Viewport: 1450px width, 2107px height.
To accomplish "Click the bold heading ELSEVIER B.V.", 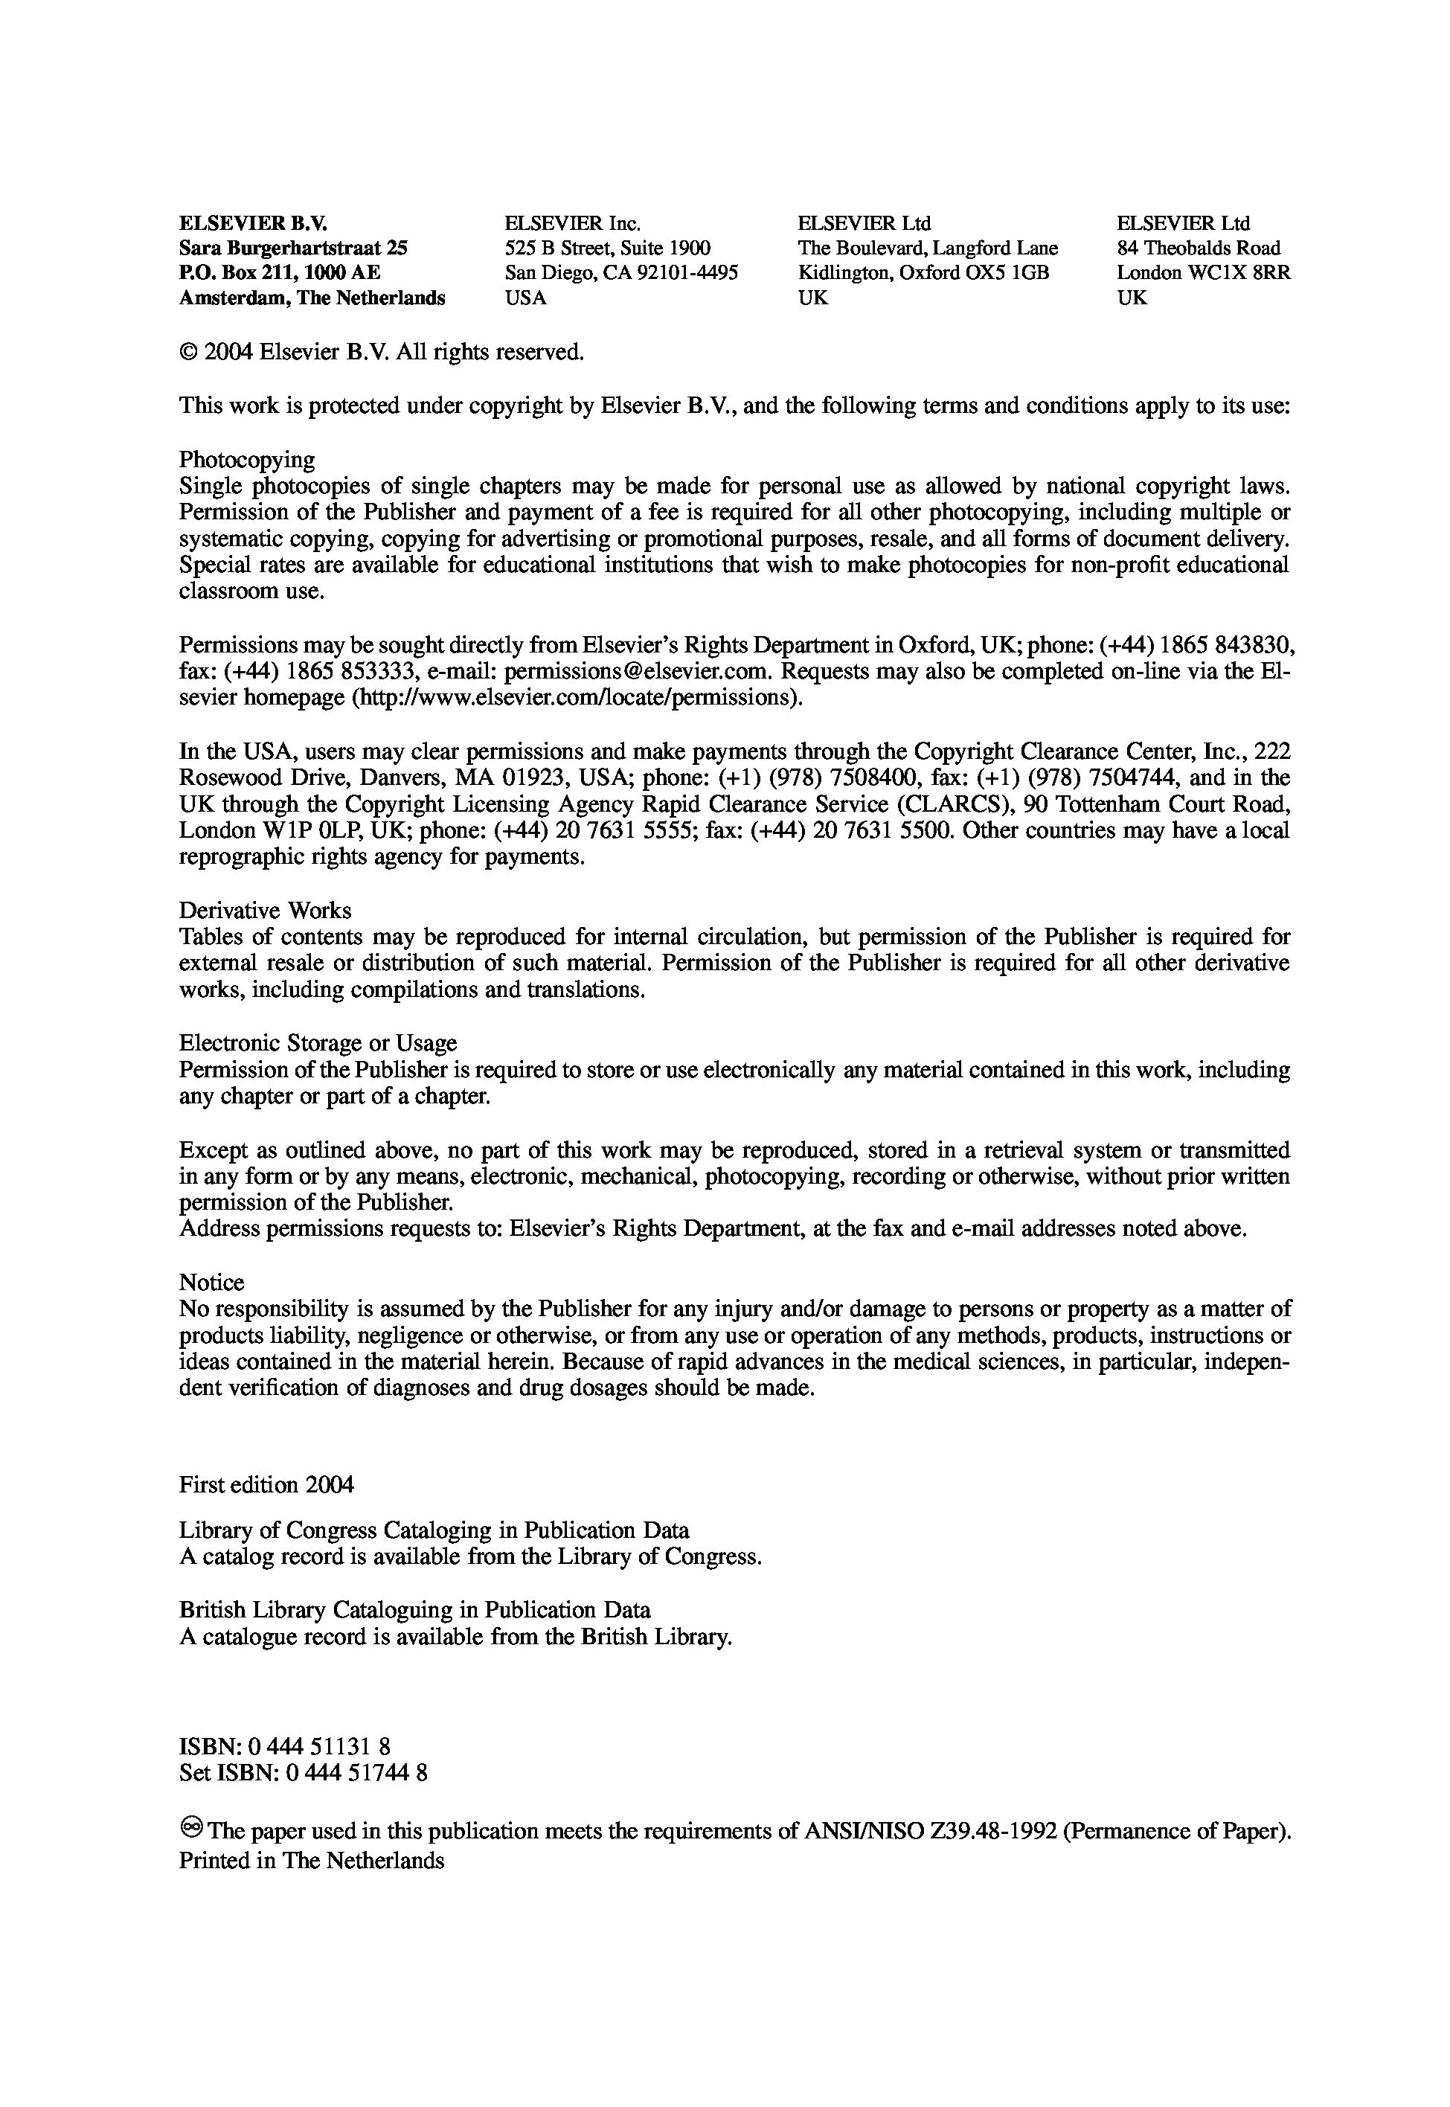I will click(252, 223).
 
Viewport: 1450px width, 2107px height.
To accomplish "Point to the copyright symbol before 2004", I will click(188, 353).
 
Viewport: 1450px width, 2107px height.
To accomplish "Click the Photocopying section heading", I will click(247, 460).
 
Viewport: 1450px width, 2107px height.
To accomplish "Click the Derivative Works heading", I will click(266, 911).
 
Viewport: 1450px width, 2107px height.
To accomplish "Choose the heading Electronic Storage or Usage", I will click(318, 1043).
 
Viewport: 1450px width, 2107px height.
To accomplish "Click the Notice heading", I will click(212, 1283).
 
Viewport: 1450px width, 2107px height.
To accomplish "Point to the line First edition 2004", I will click(266, 1484).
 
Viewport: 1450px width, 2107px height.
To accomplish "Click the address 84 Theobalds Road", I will click(1199, 248).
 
